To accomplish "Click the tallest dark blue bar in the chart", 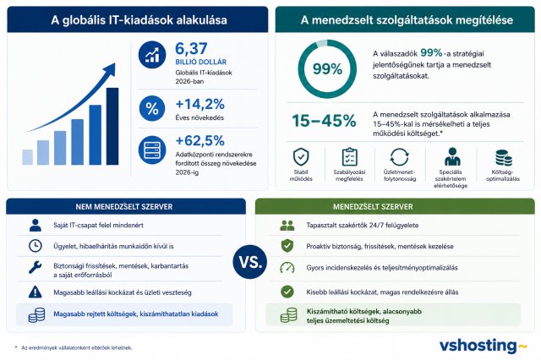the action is [112, 126].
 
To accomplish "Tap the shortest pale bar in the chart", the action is [28, 157].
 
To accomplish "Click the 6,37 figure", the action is [191, 49].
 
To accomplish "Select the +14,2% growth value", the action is [200, 104].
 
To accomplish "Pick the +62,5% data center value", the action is [200, 140].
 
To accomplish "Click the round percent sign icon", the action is [152, 108].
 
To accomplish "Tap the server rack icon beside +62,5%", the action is [152, 150].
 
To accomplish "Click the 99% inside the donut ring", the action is [327, 69].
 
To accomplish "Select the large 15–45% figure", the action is [324, 121].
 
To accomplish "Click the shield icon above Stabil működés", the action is [301, 157].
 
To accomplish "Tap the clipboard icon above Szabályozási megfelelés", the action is [349, 157].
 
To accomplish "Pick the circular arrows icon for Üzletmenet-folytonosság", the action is [400, 157].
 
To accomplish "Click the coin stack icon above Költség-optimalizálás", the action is [504, 158].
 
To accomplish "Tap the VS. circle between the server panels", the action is [250, 262].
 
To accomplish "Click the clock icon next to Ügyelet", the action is [36, 246].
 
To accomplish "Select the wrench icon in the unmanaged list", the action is [36, 267].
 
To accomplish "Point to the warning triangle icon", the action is [36, 292].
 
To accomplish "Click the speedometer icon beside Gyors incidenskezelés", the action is [287, 268].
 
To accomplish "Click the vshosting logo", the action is [483, 346].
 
